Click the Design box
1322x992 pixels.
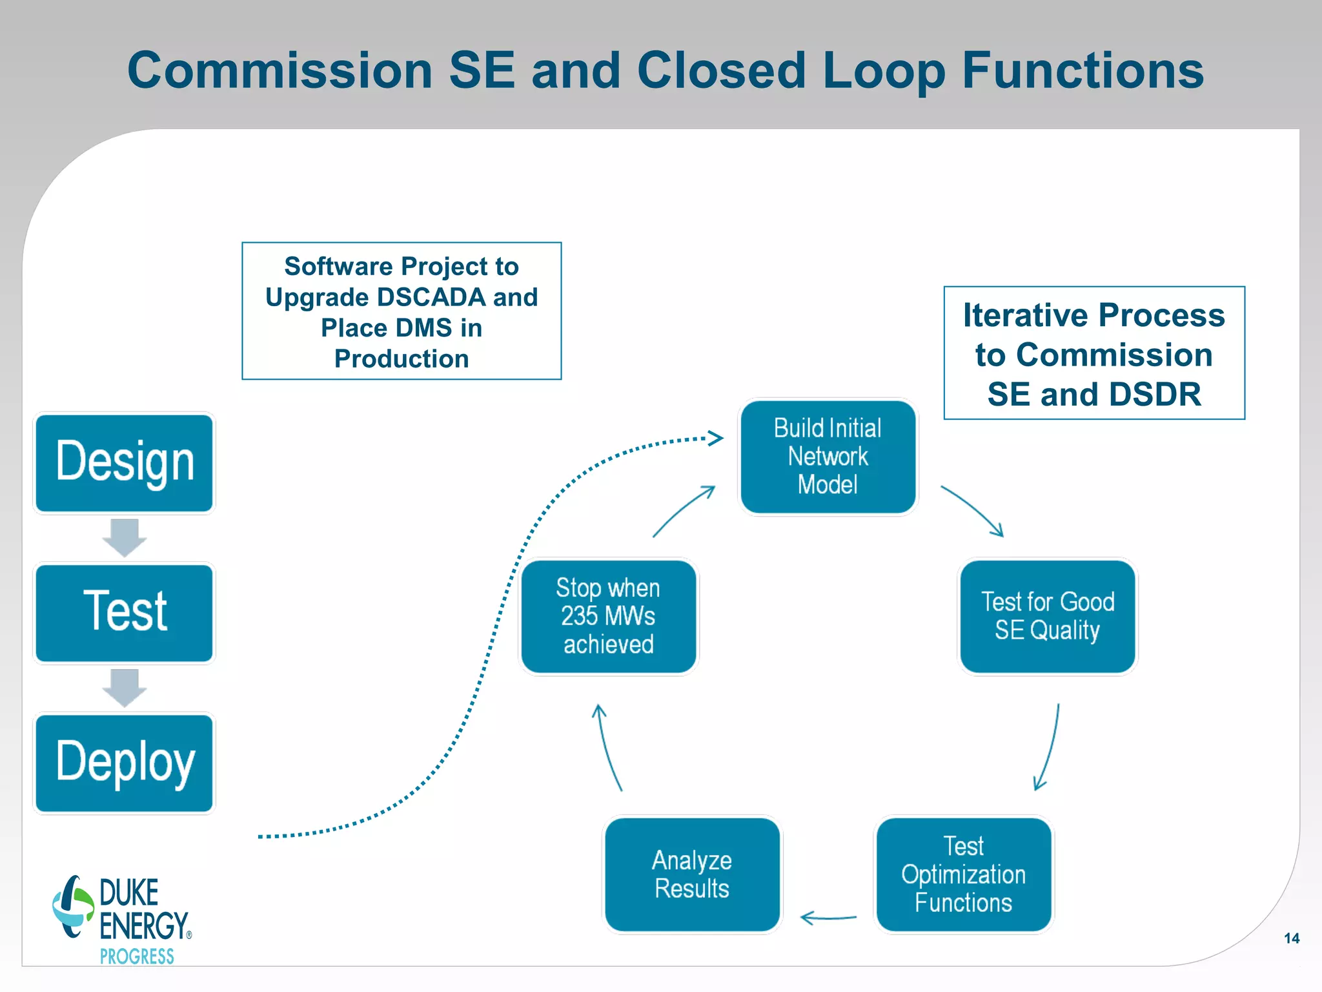pos(124,462)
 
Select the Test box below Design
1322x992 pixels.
pos(124,612)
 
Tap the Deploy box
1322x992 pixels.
pos(124,763)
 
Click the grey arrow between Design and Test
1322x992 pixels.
pos(125,537)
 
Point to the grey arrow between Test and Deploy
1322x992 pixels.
pos(125,688)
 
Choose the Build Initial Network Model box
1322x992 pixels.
pos(828,457)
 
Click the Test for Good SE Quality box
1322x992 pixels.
pos(1047,616)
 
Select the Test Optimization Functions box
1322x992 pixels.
pos(963,874)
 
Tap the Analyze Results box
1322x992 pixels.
pos(692,874)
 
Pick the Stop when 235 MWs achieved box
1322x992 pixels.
pos(608,616)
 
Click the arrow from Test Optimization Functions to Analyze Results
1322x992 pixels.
pos(828,918)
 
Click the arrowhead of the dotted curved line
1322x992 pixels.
pos(715,439)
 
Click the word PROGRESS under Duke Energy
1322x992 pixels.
pos(137,956)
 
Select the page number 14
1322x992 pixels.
pos(1291,938)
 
